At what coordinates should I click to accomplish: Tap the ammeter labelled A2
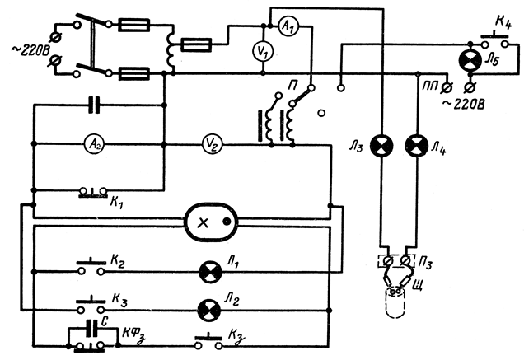pos(95,143)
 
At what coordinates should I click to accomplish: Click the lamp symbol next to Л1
pos(209,269)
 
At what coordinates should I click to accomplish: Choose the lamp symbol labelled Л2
pos(209,309)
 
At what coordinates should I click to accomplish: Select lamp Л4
pos(417,145)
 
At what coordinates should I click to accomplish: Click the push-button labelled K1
pos(91,193)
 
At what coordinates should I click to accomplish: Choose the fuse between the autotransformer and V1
pos(197,42)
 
